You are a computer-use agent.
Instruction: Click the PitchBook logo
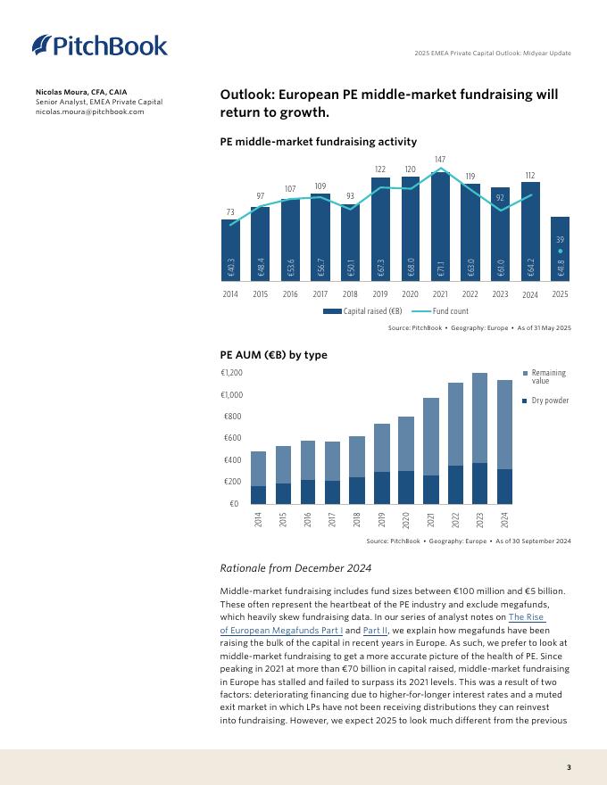99,45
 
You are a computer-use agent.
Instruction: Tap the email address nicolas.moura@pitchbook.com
89,112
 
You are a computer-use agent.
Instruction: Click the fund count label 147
440,160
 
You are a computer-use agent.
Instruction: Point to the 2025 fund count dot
560,252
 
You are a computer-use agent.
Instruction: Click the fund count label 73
230,211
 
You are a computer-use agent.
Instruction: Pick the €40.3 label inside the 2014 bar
230,267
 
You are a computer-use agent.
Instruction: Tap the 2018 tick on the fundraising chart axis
350,293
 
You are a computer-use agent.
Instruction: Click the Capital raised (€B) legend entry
362,311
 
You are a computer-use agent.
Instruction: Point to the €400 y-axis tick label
233,460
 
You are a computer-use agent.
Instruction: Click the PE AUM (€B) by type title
273,355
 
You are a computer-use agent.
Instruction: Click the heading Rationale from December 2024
295,568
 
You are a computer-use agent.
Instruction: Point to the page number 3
569,767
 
